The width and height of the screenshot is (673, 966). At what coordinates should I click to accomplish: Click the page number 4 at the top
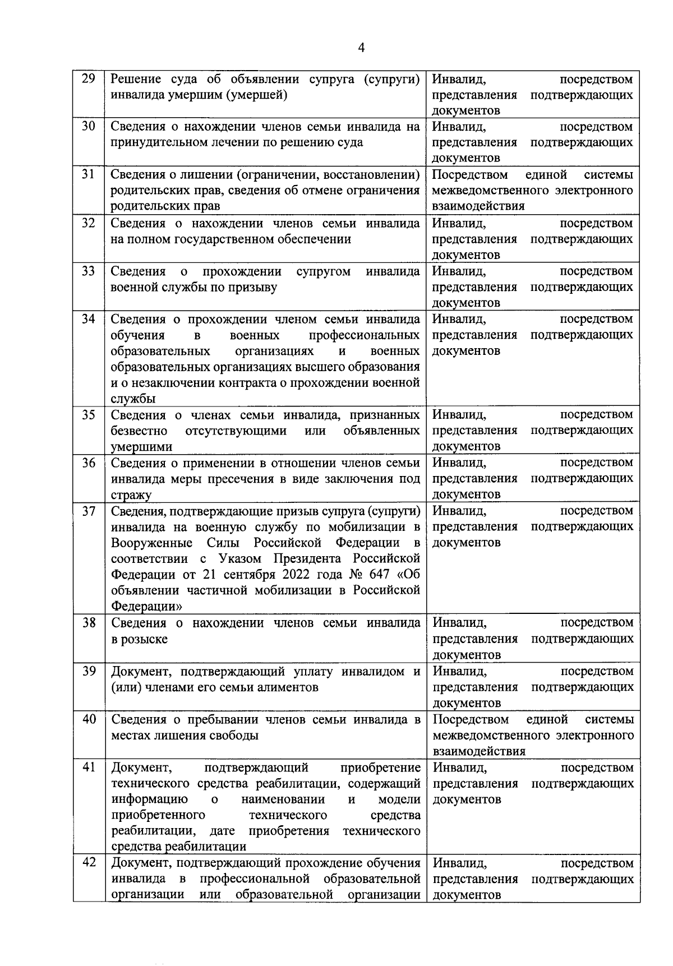click(x=361, y=48)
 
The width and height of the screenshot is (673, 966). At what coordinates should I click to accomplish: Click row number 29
click(x=88, y=79)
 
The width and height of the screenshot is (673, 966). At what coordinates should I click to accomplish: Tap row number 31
click(x=88, y=174)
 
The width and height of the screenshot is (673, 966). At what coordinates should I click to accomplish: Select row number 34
click(x=88, y=319)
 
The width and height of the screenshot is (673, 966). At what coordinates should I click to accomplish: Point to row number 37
click(x=88, y=511)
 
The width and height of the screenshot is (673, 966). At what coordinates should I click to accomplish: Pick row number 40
click(x=89, y=719)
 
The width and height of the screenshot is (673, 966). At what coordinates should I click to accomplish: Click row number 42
click(x=89, y=863)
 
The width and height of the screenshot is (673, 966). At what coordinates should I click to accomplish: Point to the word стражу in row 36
click(x=131, y=495)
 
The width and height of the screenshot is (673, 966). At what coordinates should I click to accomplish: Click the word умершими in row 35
click(x=141, y=447)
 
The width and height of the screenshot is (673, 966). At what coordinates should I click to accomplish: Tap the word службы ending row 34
click(x=132, y=399)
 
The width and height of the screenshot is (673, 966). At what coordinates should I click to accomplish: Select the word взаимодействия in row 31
click(x=478, y=206)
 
